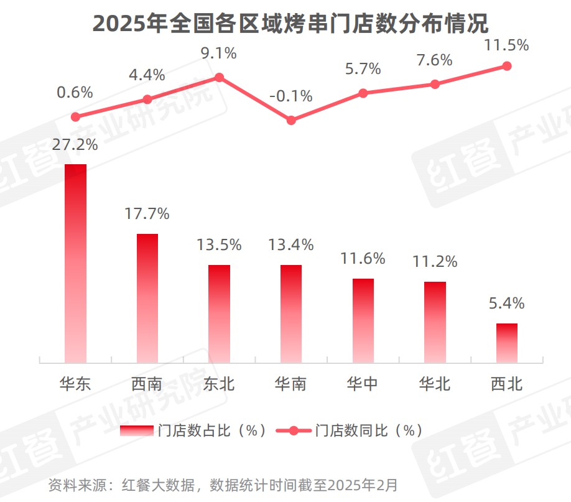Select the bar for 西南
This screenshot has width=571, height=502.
[147, 298]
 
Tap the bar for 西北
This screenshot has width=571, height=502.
[506, 343]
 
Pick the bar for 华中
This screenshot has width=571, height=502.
[363, 320]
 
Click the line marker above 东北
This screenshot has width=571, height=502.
[219, 78]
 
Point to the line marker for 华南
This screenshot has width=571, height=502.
[291, 120]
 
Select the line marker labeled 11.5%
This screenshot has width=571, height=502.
[506, 66]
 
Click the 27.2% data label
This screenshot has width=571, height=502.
[75, 145]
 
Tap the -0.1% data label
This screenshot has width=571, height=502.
[291, 96]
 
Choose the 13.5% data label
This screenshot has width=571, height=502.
[219, 244]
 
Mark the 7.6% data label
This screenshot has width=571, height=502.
[435, 60]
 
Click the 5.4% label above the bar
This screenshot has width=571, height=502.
[506, 304]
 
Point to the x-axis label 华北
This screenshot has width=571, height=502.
[435, 384]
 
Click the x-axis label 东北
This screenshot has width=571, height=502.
[219, 384]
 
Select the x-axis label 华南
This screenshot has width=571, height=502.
[291, 384]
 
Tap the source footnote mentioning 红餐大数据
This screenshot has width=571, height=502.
[223, 485]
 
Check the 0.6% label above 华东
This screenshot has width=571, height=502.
[75, 93]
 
